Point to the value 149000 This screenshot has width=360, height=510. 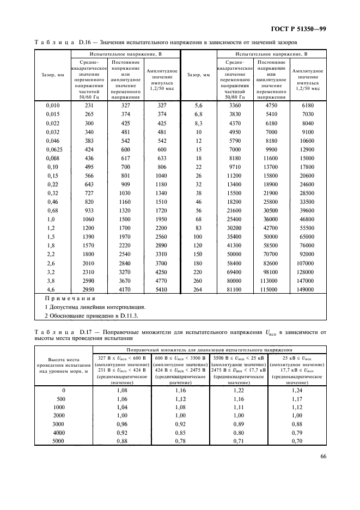[x=308, y=289]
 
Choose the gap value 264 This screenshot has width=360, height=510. [x=198, y=289]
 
